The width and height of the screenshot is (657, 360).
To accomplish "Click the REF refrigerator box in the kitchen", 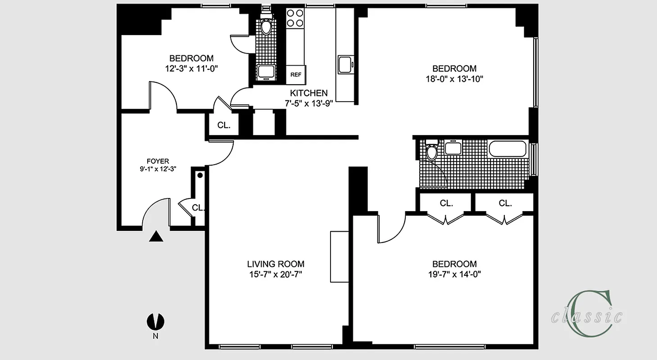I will (295, 75).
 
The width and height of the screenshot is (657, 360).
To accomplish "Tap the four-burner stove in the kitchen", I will (295, 18).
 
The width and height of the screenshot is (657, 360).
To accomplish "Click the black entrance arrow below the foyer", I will (156, 237).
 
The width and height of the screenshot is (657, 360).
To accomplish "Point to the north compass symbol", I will (156, 322).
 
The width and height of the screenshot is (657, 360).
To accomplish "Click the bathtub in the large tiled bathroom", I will (507, 148).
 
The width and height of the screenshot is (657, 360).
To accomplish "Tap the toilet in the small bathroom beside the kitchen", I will (266, 27).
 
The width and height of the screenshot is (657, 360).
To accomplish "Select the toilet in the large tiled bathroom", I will (432, 151).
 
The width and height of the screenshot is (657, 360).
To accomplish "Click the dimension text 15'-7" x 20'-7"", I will (276, 274).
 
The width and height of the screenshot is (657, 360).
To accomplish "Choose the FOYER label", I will (158, 161).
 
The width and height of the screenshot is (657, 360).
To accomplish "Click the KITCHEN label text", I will (308, 93).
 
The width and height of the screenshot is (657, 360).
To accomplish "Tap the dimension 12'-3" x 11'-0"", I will (191, 68).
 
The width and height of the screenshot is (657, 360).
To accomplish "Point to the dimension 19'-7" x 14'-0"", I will (454, 274).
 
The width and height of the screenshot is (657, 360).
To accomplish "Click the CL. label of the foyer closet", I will (198, 208).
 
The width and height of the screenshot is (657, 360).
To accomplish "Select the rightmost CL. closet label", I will (505, 203).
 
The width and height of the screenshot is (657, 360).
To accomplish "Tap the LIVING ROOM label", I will (276, 264).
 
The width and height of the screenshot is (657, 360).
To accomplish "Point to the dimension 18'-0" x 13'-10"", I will (454, 79).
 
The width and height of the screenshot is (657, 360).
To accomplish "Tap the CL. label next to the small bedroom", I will (224, 126).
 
